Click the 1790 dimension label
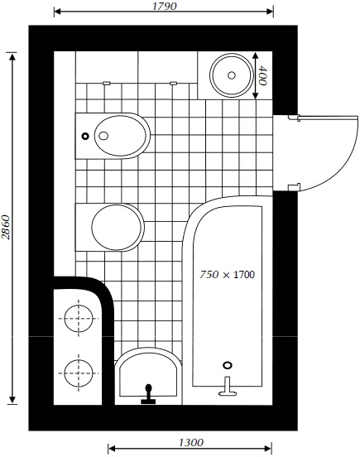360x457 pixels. [165, 6]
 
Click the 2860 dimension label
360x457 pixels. [6, 228]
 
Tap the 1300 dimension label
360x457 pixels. [191, 443]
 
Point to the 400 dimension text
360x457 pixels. [262, 75]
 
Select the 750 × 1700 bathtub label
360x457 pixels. [228, 275]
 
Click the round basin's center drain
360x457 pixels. [232, 75]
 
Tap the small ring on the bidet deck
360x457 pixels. [85, 136]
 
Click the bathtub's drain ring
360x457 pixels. [228, 365]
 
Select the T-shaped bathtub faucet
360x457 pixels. [228, 387]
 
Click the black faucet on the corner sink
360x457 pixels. [148, 394]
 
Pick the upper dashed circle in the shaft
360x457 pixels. [79, 318]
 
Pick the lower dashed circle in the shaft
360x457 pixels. [79, 373]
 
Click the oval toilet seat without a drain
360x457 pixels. [117, 227]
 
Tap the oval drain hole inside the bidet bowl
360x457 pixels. [103, 136]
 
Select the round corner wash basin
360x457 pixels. [232, 75]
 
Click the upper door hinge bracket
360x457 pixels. [294, 118]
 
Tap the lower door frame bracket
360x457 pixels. [294, 187]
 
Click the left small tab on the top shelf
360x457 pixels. [107, 83]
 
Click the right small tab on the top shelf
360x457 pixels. [174, 83]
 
